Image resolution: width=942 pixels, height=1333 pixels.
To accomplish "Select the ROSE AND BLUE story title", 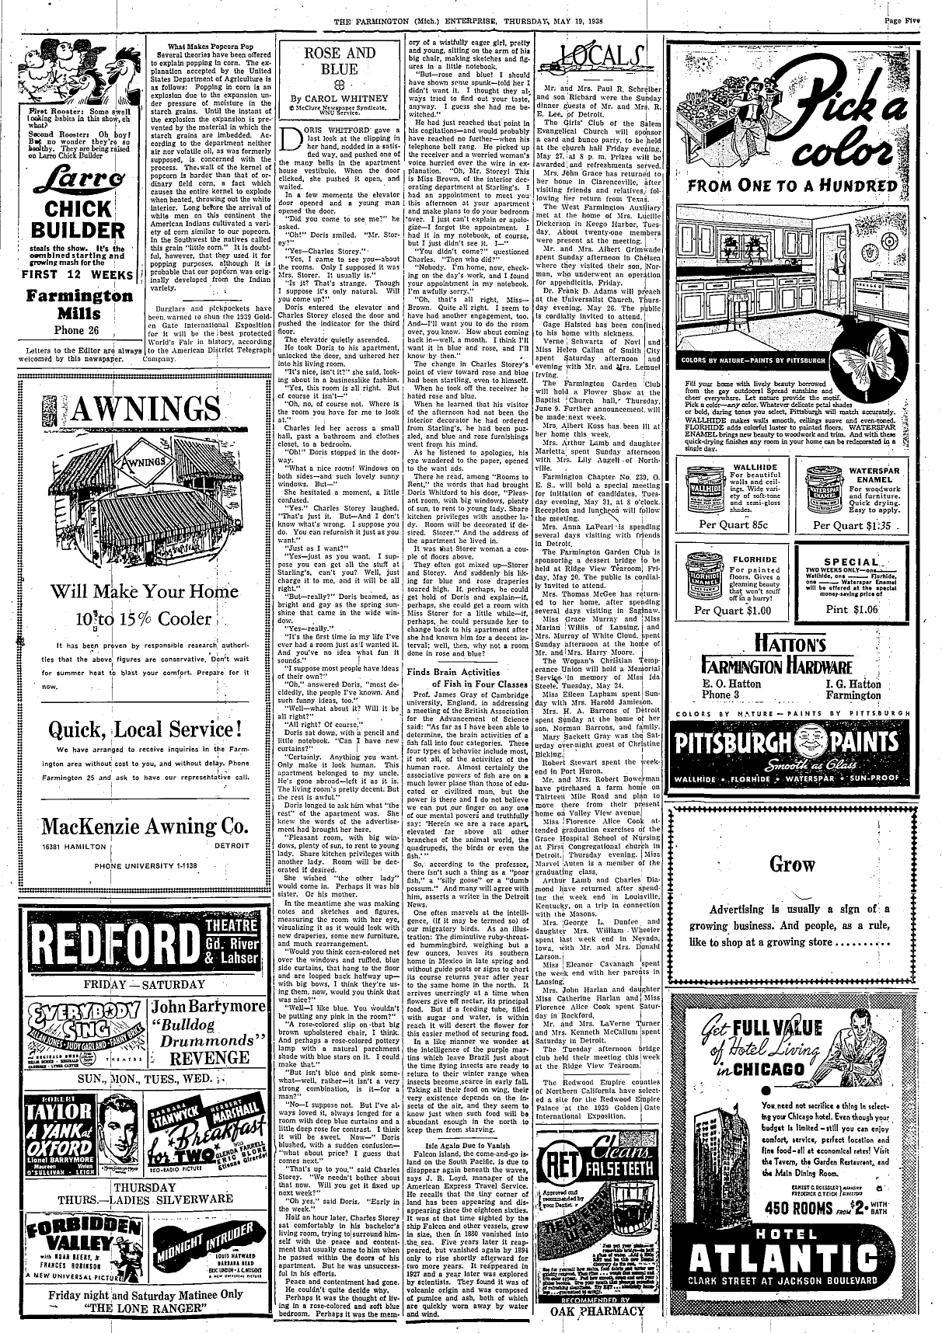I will (x=340, y=61).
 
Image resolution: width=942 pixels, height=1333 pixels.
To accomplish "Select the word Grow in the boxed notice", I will (x=792, y=865).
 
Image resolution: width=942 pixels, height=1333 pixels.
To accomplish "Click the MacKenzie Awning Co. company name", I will (x=145, y=824).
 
